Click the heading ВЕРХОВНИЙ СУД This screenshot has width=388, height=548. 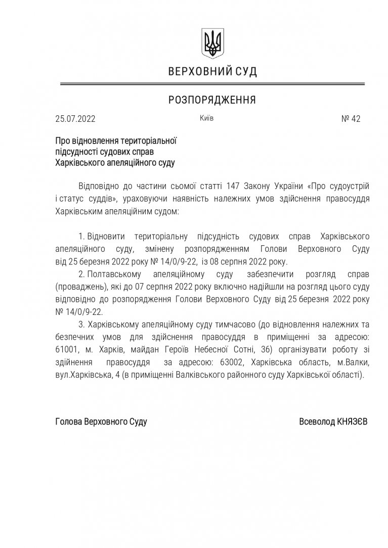coord(212,72)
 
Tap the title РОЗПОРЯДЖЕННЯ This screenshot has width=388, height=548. coord(212,100)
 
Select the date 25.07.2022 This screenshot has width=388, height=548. coord(75,120)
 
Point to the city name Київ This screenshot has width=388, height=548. coord(206,118)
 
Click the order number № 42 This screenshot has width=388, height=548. coord(351,120)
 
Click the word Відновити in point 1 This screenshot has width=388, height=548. coord(106,237)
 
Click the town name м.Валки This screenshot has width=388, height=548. coord(351,362)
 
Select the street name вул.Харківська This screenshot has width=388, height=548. coord(78,375)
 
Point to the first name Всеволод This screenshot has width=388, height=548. coord(316,421)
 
